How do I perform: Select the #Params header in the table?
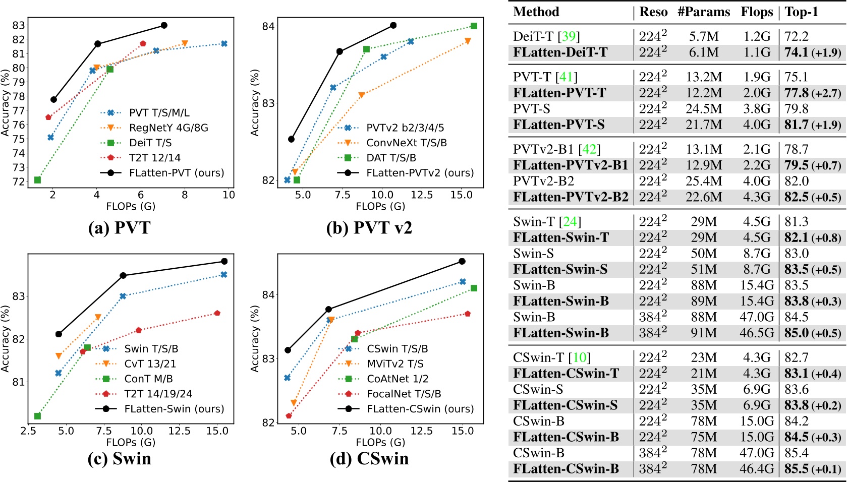coord(703,12)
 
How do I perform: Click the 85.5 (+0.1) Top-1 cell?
coord(812,469)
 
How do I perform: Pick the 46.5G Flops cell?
coord(757,333)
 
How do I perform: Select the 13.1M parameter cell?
coord(703,150)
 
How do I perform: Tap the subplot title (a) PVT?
coord(119,228)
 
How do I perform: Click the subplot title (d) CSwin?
coord(369,458)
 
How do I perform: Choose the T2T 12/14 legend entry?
coord(154,158)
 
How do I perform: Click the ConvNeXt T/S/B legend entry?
coord(406,143)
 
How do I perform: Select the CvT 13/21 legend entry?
coord(150,364)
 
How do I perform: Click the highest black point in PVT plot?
coord(164,25)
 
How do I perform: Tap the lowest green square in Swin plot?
coord(37,416)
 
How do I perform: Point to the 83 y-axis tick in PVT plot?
coord(18,25)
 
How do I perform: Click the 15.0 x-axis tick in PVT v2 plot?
coord(461,195)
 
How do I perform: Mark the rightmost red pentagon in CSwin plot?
coord(468,314)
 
